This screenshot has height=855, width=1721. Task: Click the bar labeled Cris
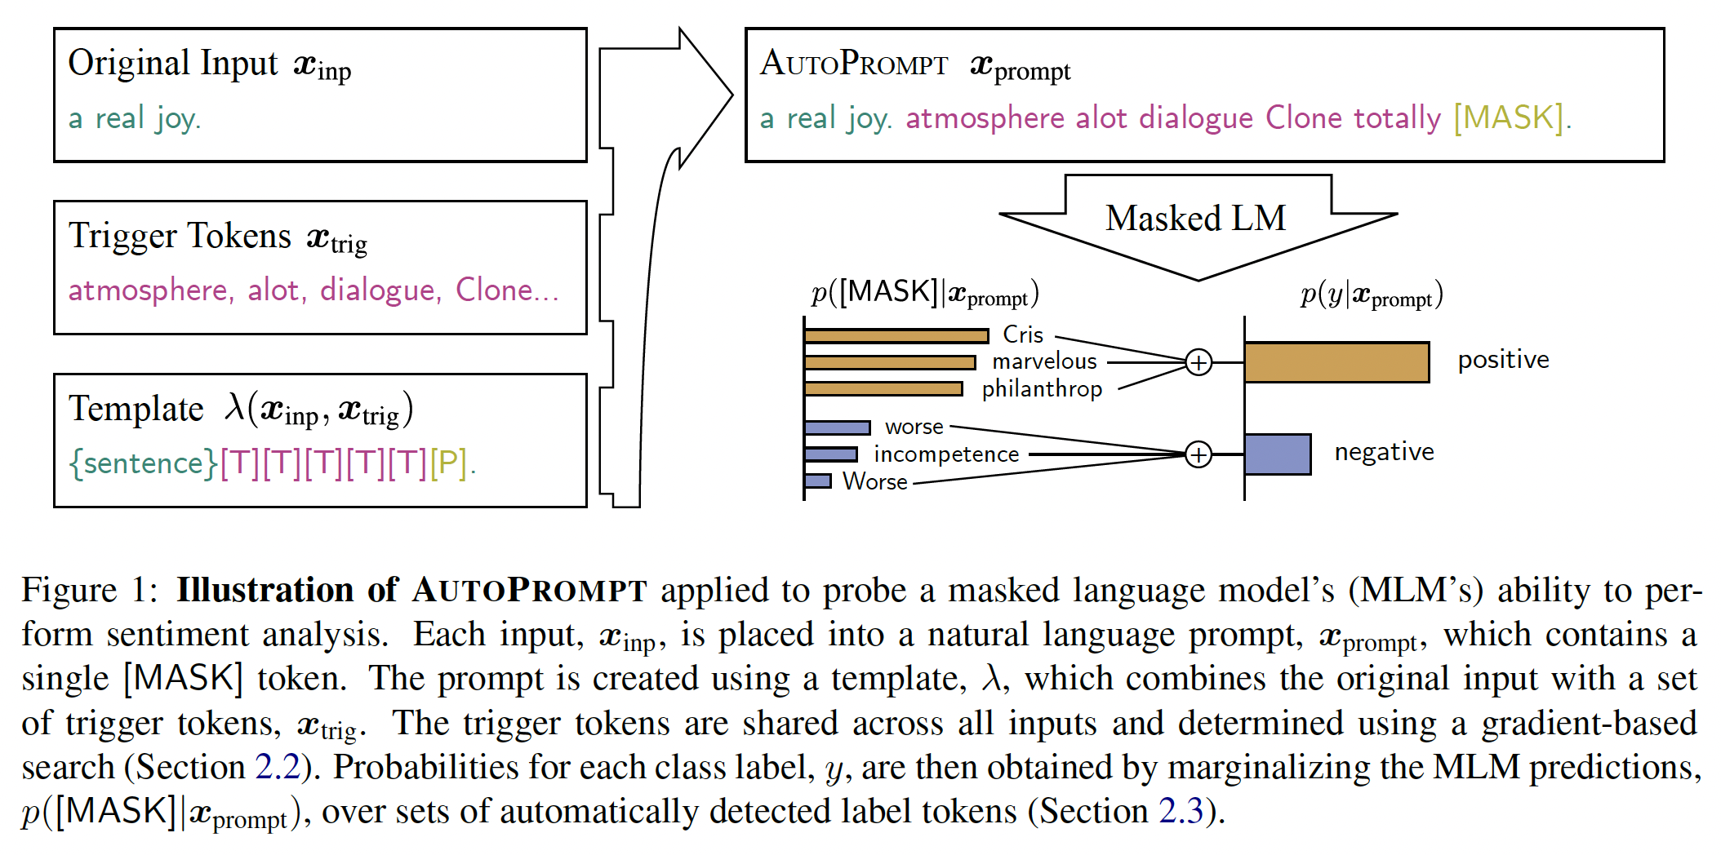click(896, 335)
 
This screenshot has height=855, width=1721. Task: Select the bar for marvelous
click(889, 362)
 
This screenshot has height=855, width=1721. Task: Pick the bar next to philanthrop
click(883, 389)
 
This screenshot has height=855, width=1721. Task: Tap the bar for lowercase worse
click(837, 427)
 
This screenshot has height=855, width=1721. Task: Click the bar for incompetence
click(830, 454)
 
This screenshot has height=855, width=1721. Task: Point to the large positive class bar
click(1336, 362)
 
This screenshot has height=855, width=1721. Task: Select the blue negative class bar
click(1278, 454)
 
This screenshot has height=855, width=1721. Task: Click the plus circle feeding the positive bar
click(1198, 362)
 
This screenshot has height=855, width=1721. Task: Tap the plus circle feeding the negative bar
click(1198, 454)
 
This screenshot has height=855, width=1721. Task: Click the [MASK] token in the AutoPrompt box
click(1509, 118)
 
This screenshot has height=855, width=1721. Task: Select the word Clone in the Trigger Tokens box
click(494, 290)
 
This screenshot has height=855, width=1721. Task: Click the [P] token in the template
click(448, 463)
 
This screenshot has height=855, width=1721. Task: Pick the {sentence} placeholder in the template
click(144, 463)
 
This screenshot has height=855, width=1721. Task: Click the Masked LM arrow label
click(1195, 219)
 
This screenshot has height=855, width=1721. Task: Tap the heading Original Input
click(173, 64)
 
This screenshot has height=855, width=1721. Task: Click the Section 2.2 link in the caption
click(278, 768)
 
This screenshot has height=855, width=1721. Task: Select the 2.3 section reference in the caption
click(1181, 812)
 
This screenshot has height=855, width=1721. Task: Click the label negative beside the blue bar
click(1384, 452)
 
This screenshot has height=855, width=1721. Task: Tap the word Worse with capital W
click(874, 482)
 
